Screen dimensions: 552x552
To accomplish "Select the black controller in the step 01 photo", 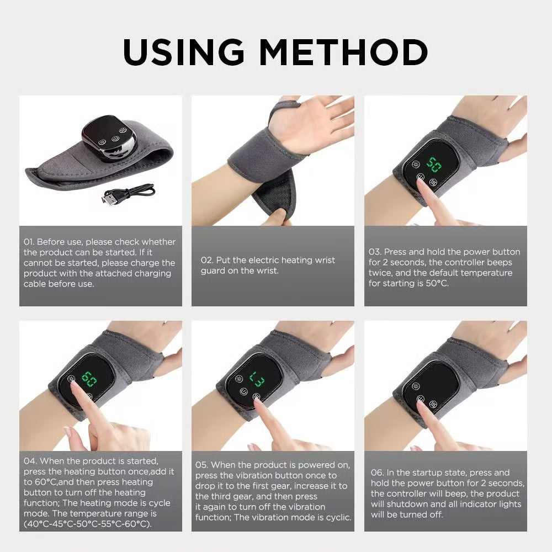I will pos(109,136).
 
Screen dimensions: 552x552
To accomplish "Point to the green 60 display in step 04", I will pos(89,379).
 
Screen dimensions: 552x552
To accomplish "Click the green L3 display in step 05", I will pos(257,379).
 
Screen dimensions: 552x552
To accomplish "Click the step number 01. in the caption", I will pos(30,242).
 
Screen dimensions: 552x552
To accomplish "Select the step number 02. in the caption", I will pos(207,261).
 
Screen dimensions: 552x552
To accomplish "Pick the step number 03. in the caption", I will pos(375,252).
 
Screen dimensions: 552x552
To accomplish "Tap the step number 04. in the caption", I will pos(30,461).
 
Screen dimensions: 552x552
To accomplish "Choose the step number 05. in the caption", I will pos(202,465).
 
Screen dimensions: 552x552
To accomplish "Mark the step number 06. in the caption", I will pos(377,473).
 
